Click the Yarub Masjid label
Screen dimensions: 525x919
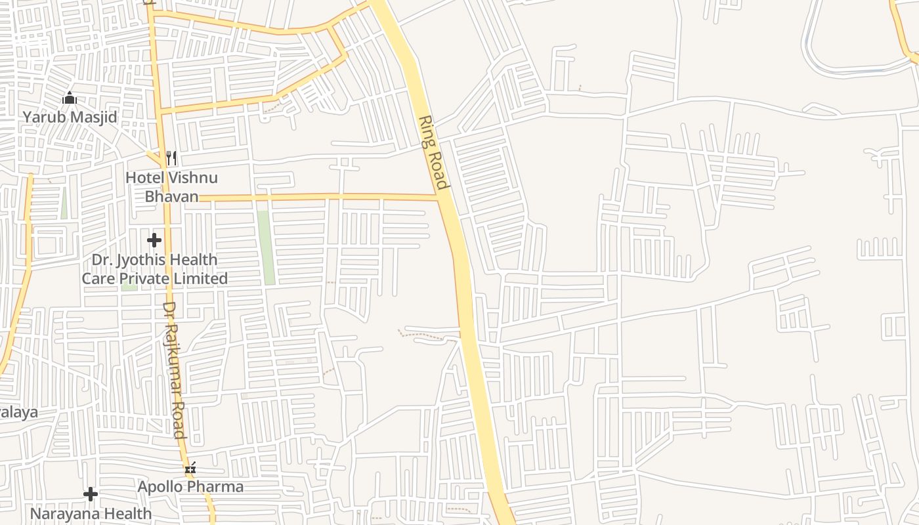[70, 117]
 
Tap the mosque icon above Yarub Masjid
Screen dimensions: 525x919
[69, 99]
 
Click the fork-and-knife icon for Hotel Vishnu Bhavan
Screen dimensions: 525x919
[171, 157]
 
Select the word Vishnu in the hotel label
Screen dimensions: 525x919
[193, 178]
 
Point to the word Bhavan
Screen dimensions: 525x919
[171, 196]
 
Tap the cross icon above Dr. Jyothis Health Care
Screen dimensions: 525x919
[154, 240]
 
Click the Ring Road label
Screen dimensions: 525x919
[434, 152]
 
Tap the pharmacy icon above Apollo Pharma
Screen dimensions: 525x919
[190, 469]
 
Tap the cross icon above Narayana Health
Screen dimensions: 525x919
[91, 493]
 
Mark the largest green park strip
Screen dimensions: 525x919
[265, 247]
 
